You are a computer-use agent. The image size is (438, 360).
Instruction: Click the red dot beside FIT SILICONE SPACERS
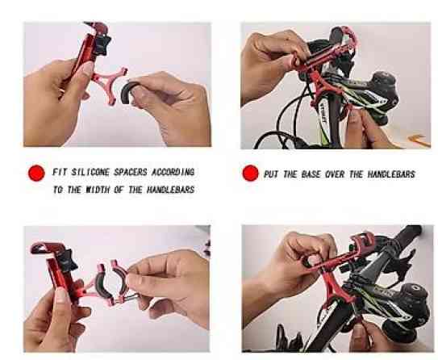pyautogui.click(x=36, y=173)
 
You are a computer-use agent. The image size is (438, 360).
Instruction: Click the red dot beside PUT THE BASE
pyautogui.click(x=251, y=173)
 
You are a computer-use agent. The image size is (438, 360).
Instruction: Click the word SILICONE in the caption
pyautogui.click(x=90, y=172)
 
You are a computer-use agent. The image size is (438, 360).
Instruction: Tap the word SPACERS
pyautogui.click(x=131, y=172)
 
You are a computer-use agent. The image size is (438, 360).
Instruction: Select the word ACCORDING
pyautogui.click(x=173, y=172)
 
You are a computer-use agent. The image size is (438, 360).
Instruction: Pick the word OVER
pyautogui.click(x=335, y=174)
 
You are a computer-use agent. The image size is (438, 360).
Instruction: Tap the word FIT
pyautogui.click(x=60, y=172)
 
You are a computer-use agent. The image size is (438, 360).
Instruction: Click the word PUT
pyautogui.click(x=271, y=174)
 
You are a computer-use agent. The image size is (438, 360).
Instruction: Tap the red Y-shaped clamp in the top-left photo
pyautogui.click(x=110, y=83)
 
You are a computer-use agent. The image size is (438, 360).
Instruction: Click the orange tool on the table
pyautogui.click(x=419, y=140)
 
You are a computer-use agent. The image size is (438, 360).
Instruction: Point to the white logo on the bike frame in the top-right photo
pyautogui.click(x=323, y=114)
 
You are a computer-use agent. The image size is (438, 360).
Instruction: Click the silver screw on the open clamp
pyautogui.click(x=131, y=297)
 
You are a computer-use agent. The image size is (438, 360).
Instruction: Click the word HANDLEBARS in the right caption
pyautogui.click(x=391, y=174)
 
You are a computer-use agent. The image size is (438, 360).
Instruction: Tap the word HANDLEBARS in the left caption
pyautogui.click(x=171, y=190)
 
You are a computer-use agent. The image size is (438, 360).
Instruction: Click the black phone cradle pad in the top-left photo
pyautogui.click(x=102, y=44)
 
